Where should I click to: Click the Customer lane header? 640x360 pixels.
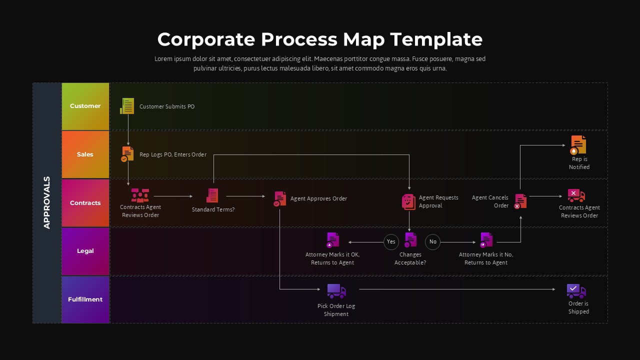[85, 106]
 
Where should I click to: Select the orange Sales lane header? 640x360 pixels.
[85, 154]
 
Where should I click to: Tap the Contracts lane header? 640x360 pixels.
[85, 203]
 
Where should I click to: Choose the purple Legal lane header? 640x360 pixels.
[85, 251]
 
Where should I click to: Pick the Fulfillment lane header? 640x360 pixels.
[85, 299]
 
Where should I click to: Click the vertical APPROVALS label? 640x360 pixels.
[47, 202]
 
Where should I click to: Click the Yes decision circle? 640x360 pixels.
[391, 242]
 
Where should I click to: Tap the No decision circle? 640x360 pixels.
[433, 242]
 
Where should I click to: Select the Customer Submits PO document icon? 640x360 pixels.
[127, 106]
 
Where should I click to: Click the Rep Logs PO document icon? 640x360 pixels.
[127, 153]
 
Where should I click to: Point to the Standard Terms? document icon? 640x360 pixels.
[212, 195]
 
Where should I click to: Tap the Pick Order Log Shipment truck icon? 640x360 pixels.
[336, 291]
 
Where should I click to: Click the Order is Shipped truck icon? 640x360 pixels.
[576, 291]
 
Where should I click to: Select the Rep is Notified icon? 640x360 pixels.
[578, 145]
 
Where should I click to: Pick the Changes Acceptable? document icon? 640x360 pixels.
[410, 240]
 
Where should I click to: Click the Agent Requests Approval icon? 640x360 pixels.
[408, 201]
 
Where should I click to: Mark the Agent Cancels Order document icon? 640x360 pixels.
[520, 201]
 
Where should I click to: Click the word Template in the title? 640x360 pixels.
[436, 39]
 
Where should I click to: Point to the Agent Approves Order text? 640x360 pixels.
[318, 198]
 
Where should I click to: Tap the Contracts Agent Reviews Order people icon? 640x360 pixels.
[140, 195]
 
